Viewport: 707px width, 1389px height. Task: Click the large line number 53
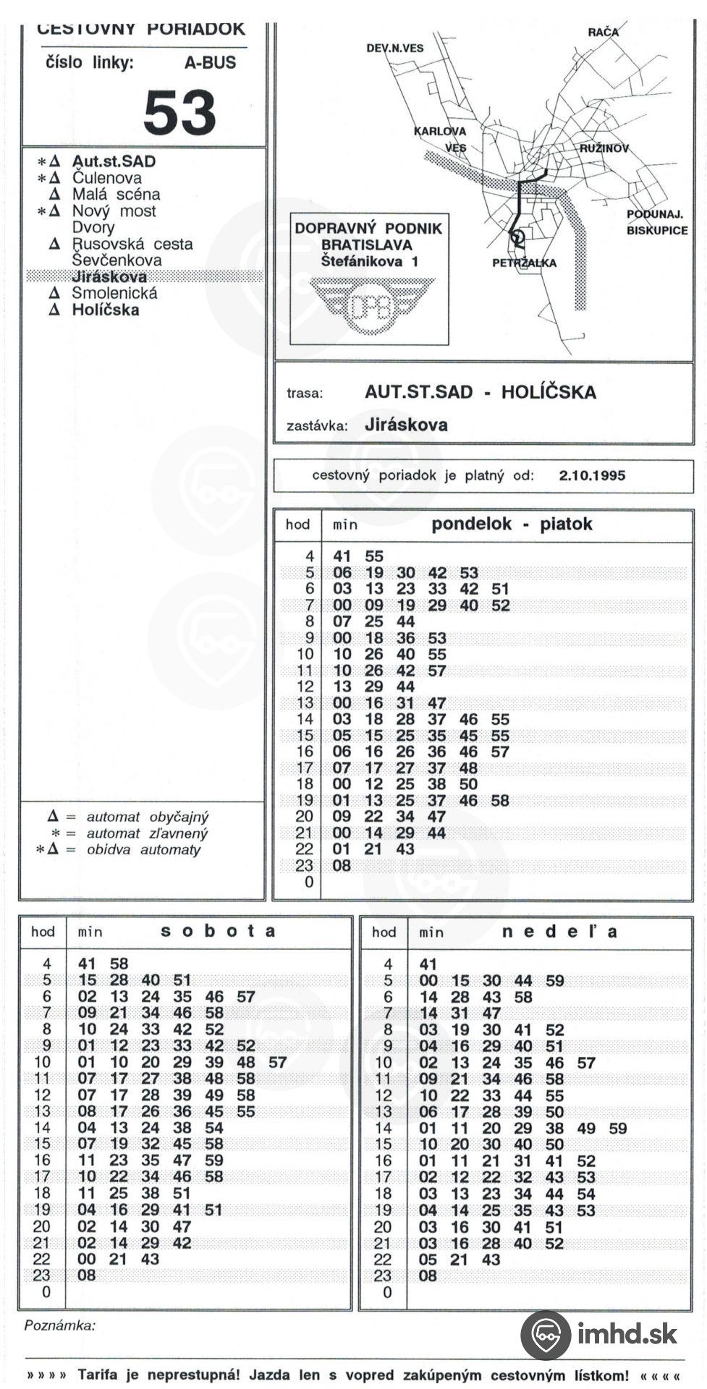pyautogui.click(x=179, y=113)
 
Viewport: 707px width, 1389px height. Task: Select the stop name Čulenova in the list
pyautogui.click(x=106, y=178)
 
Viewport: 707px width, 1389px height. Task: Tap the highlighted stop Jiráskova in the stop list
pyautogui.click(x=109, y=276)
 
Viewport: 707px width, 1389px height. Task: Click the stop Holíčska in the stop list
pyautogui.click(x=105, y=310)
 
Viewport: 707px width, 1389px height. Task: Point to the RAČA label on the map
pyautogui.click(x=603, y=33)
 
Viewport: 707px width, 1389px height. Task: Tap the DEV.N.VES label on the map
pyautogui.click(x=394, y=48)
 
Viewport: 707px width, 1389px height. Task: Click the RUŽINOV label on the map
pyautogui.click(x=604, y=148)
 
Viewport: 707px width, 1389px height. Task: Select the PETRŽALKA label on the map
pyautogui.click(x=524, y=263)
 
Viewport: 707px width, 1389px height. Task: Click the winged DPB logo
pyautogui.click(x=369, y=307)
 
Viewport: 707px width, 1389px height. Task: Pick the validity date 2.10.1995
pyautogui.click(x=592, y=475)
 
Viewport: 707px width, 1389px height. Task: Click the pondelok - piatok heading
pyautogui.click(x=512, y=524)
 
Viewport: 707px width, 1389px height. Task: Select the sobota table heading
pyautogui.click(x=218, y=931)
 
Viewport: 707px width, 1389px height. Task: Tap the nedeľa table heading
pyautogui.click(x=559, y=931)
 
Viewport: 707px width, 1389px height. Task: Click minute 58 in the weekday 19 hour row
pyautogui.click(x=500, y=800)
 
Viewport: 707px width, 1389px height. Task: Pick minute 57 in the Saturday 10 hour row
pyautogui.click(x=277, y=1062)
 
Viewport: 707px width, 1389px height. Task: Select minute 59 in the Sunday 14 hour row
pyautogui.click(x=617, y=1128)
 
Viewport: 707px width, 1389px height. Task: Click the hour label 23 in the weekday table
pyautogui.click(x=305, y=865)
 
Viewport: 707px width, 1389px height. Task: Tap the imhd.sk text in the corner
pyautogui.click(x=627, y=1333)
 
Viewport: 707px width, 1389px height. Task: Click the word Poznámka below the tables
pyautogui.click(x=59, y=1326)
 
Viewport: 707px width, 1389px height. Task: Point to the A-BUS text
pyautogui.click(x=210, y=63)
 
